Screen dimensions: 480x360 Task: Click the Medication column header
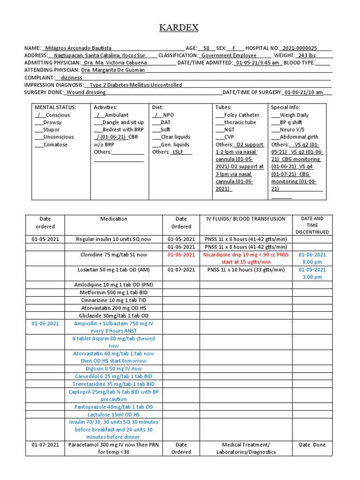click(113, 219)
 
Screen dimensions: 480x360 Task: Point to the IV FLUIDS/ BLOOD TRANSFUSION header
click(246, 219)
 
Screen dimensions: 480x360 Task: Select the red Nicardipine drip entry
click(246, 258)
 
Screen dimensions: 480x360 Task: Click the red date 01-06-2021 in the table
click(181, 255)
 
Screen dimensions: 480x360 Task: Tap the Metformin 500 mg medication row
click(113, 292)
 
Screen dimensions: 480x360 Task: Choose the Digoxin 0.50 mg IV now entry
click(113, 368)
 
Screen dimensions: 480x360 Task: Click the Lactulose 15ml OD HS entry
click(113, 414)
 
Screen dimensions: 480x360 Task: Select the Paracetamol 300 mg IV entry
click(113, 448)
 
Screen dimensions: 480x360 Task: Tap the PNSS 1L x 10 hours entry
click(246, 270)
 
